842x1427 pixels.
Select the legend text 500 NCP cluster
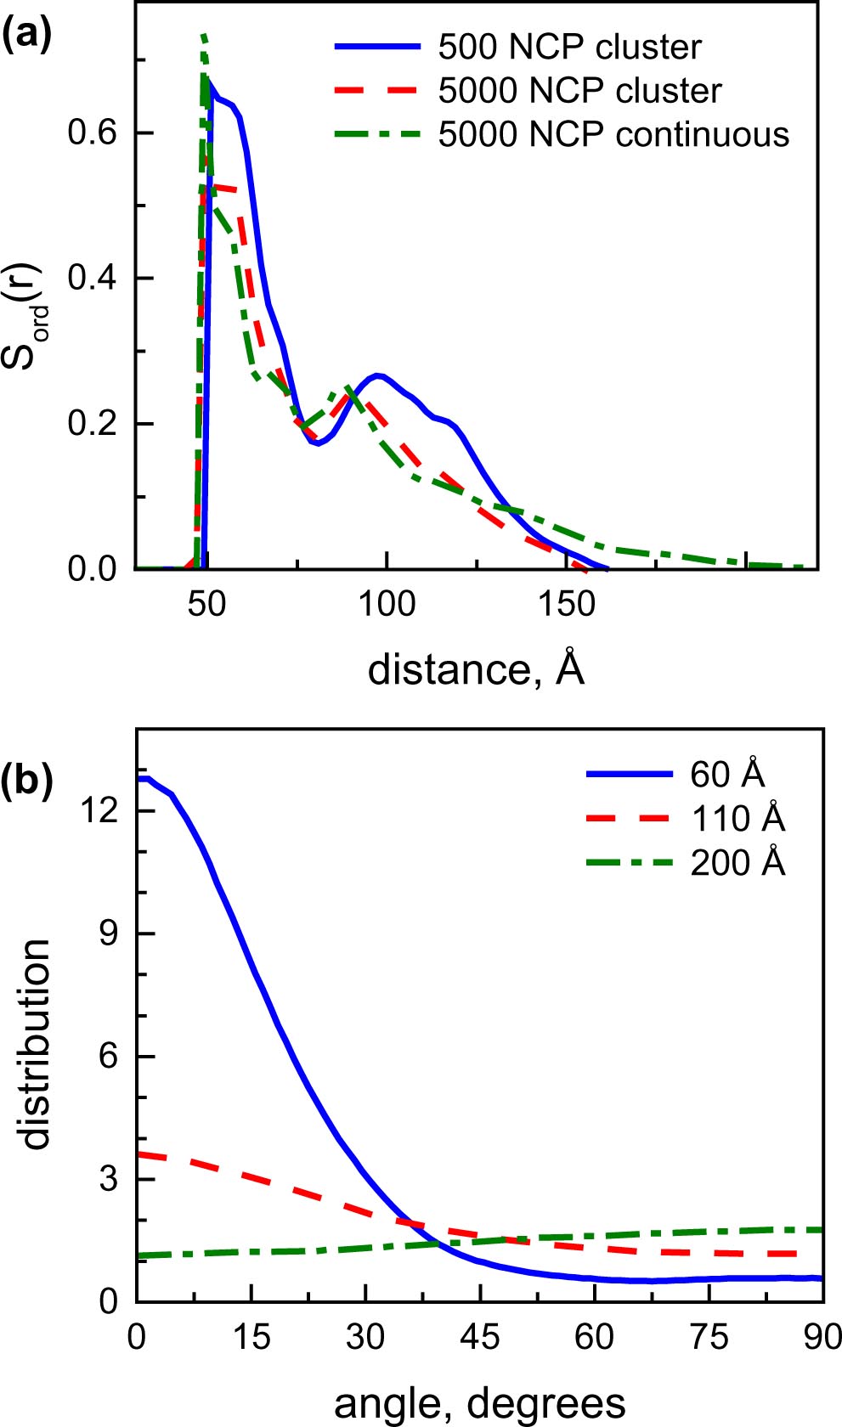[569, 48]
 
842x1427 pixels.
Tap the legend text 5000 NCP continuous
[613, 134]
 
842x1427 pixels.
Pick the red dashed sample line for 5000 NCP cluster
[377, 90]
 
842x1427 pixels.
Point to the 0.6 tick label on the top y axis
[93, 133]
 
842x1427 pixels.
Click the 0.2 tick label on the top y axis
[93, 423]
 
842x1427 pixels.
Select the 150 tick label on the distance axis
[566, 604]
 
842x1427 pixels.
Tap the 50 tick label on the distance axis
[206, 604]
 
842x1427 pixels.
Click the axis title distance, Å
[476, 669]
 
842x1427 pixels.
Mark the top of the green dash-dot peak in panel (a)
[204, 36]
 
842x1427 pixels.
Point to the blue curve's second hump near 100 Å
[378, 375]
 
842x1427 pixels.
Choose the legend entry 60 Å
[727, 775]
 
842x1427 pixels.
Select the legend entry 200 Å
[737, 863]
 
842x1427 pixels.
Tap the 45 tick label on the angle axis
[479, 1338]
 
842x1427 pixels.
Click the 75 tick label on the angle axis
[709, 1338]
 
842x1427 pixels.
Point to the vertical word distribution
[36, 1045]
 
